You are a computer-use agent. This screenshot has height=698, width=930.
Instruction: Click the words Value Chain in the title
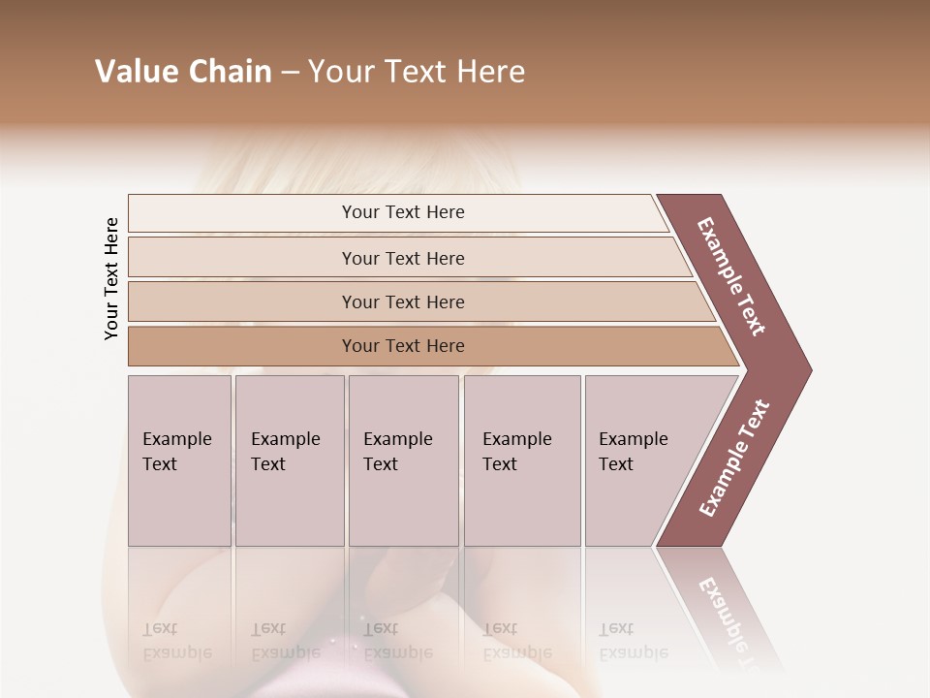[x=183, y=72]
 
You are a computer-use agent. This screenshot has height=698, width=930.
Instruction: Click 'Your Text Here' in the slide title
[x=417, y=72]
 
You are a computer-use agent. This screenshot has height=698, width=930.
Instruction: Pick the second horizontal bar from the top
[x=403, y=258]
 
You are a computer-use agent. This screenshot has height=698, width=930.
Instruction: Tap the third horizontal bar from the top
[x=403, y=301]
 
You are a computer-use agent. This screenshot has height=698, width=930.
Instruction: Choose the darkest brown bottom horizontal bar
[x=403, y=346]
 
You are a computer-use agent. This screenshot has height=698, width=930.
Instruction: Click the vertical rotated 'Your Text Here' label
[x=111, y=278]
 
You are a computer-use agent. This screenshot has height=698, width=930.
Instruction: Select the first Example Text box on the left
[x=179, y=460]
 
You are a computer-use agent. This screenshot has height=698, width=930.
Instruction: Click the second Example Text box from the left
[x=289, y=460]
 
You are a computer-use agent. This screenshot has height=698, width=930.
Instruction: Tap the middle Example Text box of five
[x=403, y=460]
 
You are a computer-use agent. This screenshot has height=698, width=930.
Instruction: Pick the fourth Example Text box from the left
[x=521, y=460]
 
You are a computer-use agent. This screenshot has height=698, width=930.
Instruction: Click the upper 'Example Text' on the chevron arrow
[x=731, y=276]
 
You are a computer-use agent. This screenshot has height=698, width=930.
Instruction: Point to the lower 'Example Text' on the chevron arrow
[x=734, y=459]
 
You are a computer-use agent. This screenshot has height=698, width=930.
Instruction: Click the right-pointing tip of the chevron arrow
[x=804, y=369]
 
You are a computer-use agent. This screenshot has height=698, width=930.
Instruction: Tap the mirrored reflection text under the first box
[x=176, y=641]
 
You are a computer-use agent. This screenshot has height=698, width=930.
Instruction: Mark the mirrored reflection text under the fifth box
[x=633, y=641]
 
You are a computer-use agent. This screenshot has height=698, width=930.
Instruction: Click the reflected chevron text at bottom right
[x=731, y=616]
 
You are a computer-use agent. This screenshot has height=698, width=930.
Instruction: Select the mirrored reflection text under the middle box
[x=397, y=641]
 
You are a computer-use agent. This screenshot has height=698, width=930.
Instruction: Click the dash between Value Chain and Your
[x=290, y=73]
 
